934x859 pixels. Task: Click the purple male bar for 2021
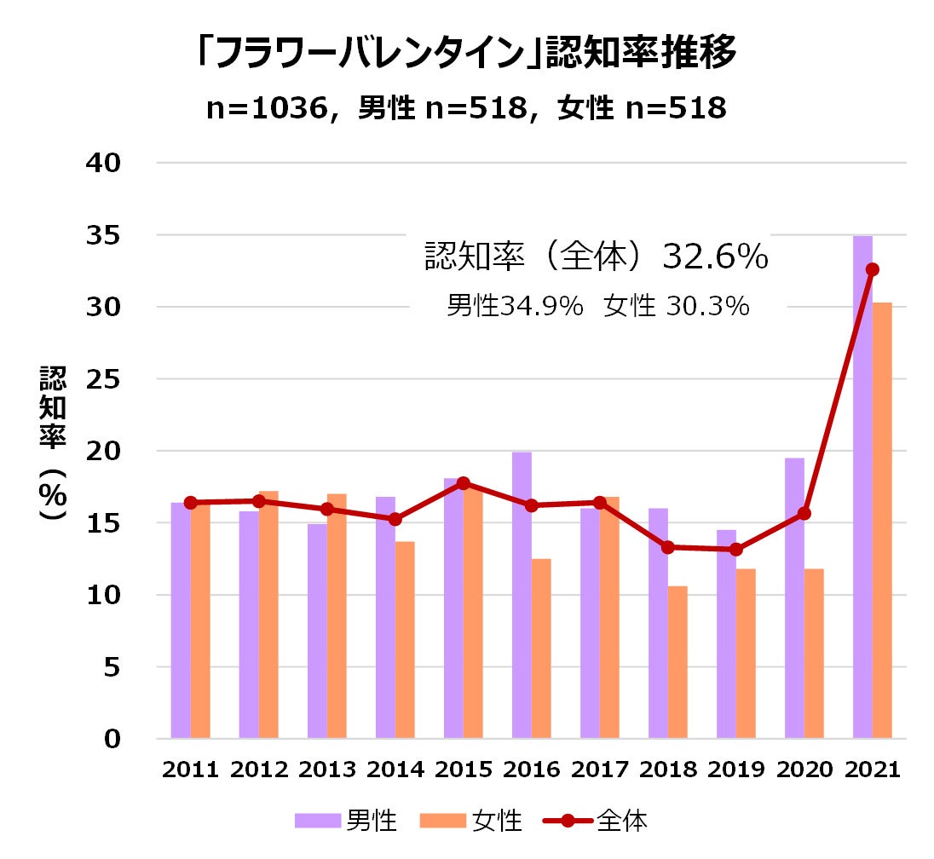click(862, 486)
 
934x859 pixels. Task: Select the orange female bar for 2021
click(882, 520)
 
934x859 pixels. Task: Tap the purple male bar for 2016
click(522, 597)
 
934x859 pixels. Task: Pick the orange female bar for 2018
click(677, 662)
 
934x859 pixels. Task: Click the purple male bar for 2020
click(794, 597)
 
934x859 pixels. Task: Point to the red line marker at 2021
click(872, 269)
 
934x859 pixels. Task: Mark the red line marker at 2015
click(463, 483)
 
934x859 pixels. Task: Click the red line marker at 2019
click(735, 550)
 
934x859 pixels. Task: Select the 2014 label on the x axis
click(395, 770)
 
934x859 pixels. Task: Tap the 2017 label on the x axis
click(600, 770)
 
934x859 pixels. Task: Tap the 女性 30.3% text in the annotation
click(677, 307)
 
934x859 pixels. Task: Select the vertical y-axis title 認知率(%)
click(53, 443)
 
